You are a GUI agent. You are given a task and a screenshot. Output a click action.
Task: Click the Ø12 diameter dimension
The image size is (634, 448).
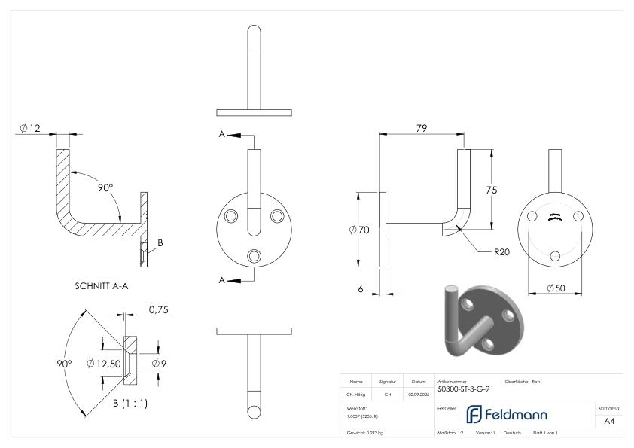[x=31, y=129]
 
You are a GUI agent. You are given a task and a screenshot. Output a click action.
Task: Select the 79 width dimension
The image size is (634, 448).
[x=421, y=129]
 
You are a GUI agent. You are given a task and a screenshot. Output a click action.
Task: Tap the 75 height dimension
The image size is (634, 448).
[x=491, y=190]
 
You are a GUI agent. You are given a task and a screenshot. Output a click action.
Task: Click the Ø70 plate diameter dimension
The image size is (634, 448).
[x=359, y=230]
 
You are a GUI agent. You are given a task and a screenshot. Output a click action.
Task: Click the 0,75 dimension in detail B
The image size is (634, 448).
[x=158, y=309]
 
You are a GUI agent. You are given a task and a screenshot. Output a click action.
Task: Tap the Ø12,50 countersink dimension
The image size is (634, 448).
[x=105, y=364]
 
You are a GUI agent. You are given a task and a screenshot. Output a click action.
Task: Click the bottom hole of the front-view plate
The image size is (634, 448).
[x=254, y=256]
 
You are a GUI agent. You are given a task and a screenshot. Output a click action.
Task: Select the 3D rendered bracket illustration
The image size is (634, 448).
[x=478, y=321]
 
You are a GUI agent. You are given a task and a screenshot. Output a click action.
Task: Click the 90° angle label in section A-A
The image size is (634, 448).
[x=105, y=187]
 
